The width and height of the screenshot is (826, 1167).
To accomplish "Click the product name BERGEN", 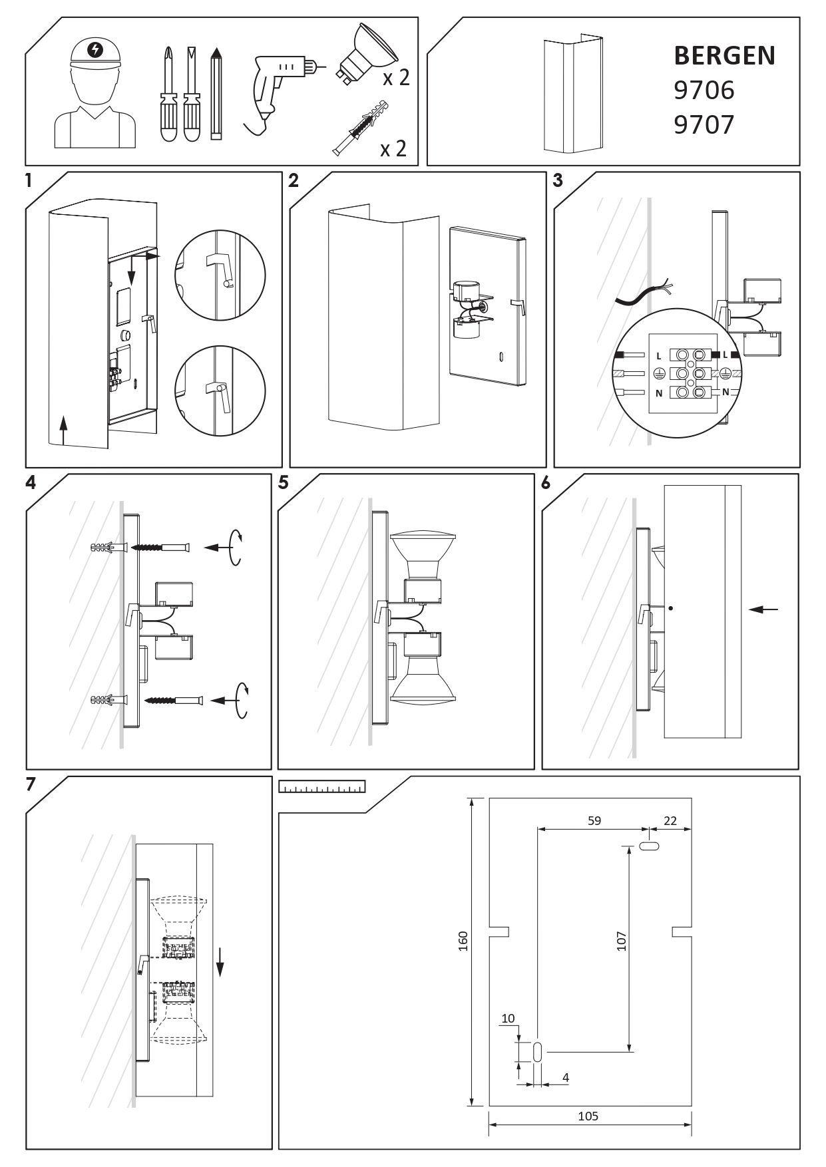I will (x=724, y=56).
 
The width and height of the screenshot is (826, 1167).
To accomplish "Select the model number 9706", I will (x=704, y=90).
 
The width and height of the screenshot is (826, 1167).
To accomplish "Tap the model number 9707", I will (x=704, y=124).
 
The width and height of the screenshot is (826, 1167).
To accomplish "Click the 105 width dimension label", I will (x=588, y=1116).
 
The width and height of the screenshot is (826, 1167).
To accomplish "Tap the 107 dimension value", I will (x=622, y=940).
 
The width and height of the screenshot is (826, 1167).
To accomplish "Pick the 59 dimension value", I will (x=594, y=820).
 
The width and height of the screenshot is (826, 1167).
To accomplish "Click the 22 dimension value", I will (x=670, y=820).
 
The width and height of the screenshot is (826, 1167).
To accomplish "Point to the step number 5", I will (x=284, y=483).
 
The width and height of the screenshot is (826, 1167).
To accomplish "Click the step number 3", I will (x=558, y=180).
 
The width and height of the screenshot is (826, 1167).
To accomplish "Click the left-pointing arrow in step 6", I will (x=762, y=608).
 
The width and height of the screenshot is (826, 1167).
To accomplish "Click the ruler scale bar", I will (x=323, y=787).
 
